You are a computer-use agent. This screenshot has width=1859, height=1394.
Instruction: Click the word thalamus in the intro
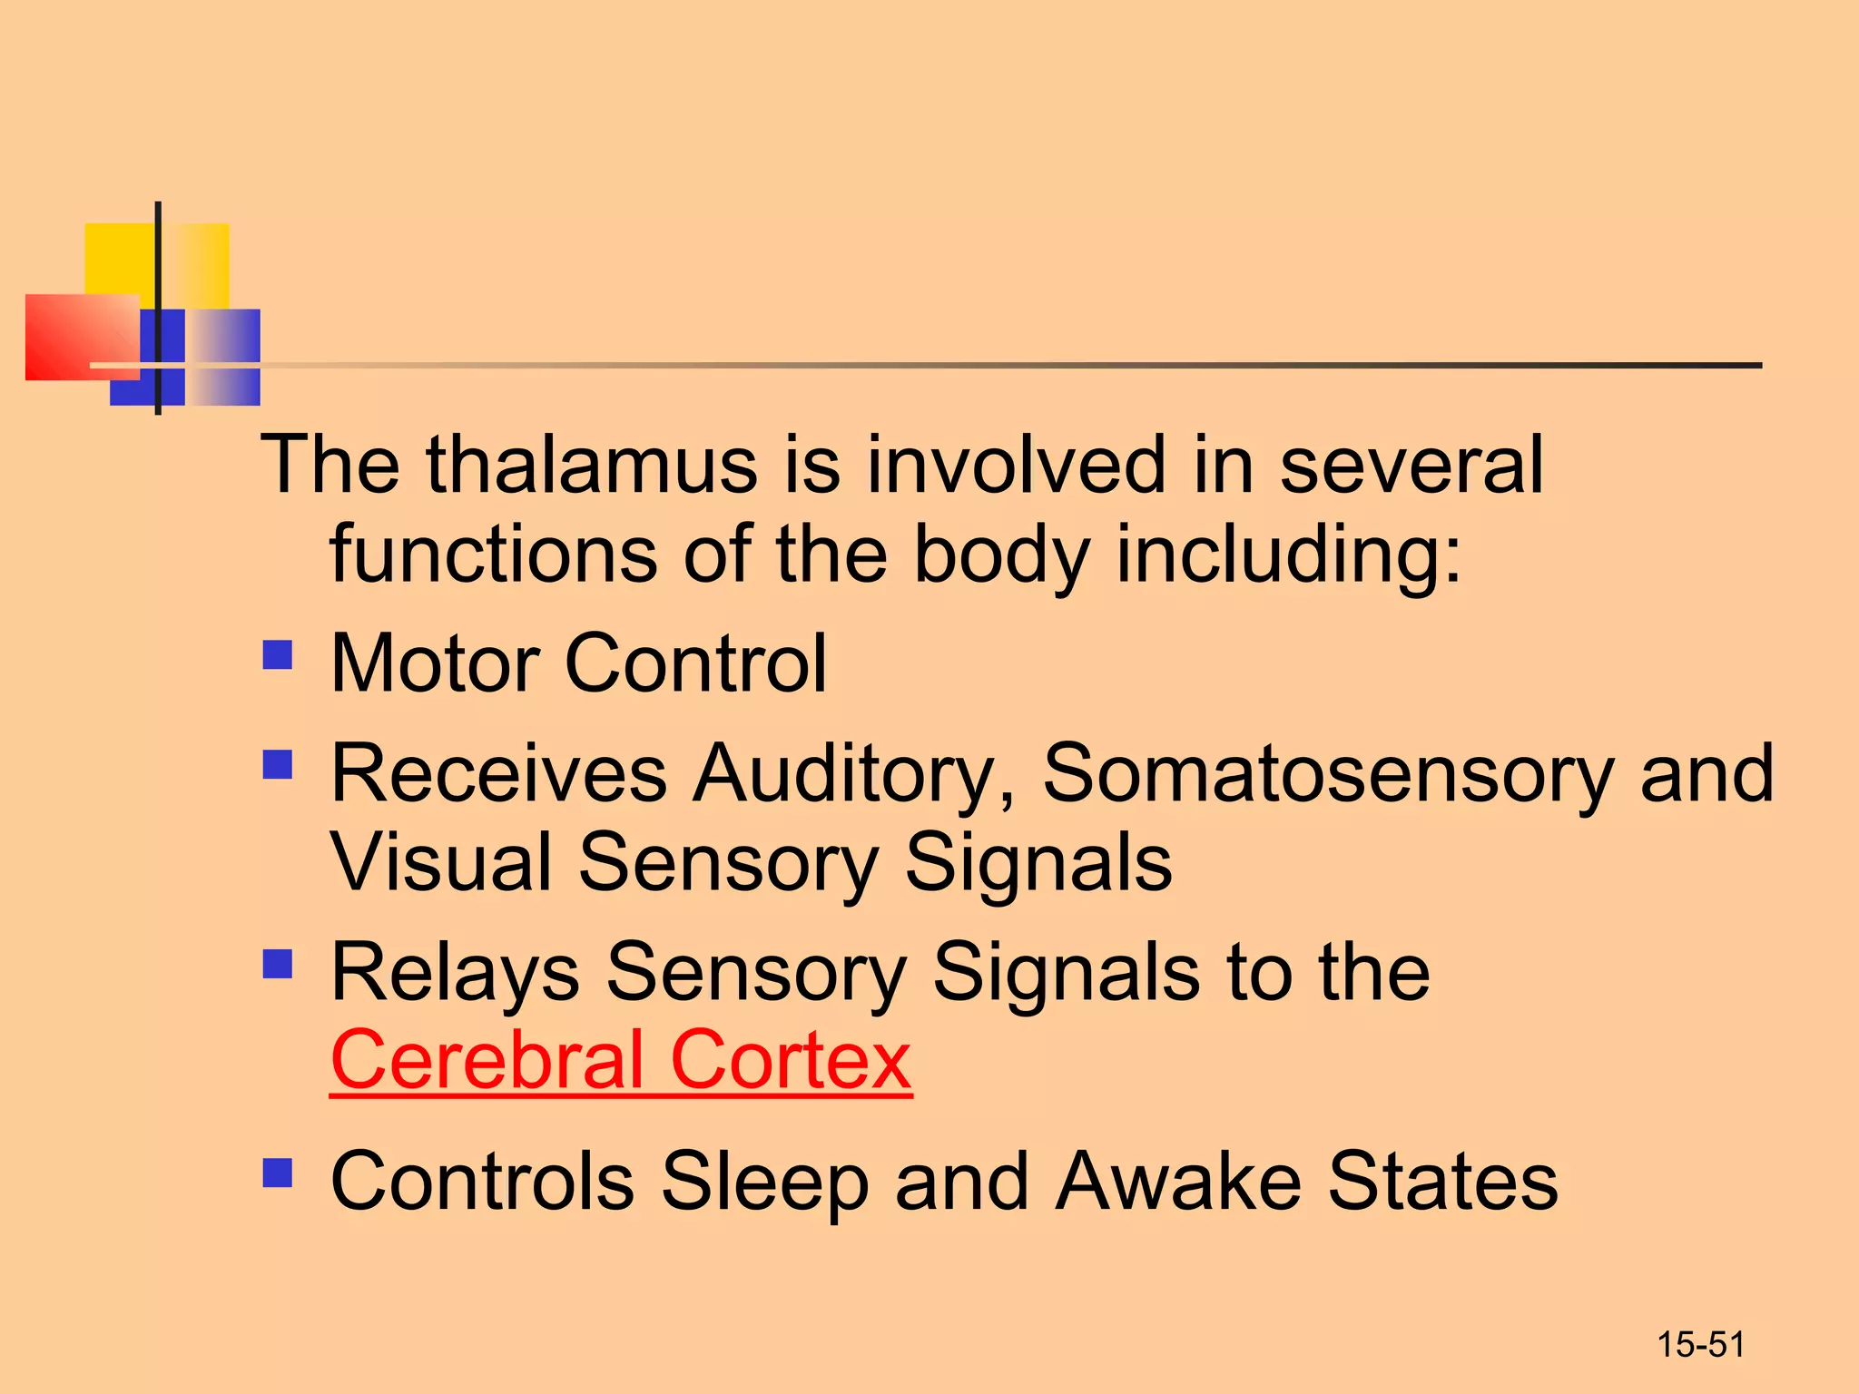(592, 465)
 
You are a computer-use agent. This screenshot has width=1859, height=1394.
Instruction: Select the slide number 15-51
(1700, 1345)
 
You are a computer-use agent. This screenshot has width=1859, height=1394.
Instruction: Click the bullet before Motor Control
(278, 655)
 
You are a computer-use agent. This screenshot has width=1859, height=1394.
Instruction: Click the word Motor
(435, 663)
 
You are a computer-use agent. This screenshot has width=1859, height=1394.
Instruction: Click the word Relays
(455, 973)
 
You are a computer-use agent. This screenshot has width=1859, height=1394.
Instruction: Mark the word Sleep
(765, 1183)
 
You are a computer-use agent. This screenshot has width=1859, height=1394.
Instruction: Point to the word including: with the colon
(1289, 555)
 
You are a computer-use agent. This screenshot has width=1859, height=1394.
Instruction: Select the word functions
(494, 554)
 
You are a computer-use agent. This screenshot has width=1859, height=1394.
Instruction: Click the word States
(1442, 1181)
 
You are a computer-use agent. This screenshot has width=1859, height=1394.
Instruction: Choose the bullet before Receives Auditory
(278, 764)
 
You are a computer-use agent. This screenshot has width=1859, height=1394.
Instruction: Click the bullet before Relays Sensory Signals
(278, 964)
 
